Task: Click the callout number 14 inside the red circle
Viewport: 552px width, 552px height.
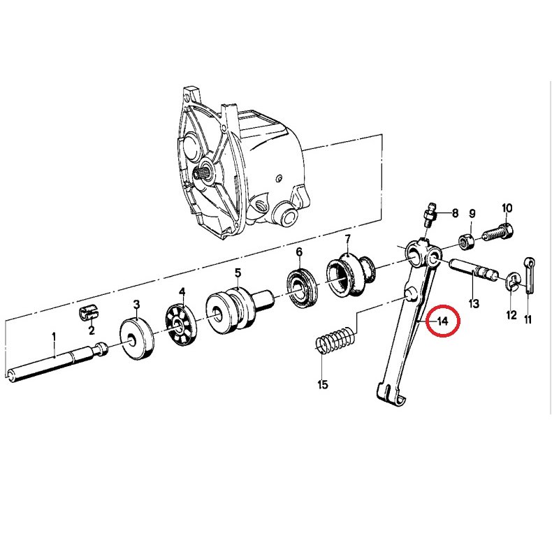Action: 442,321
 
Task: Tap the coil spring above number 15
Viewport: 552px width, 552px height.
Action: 336,340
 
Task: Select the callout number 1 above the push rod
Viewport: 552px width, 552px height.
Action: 54,337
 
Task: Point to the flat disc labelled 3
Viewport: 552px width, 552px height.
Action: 137,338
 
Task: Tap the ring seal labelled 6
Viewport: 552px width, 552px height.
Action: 303,289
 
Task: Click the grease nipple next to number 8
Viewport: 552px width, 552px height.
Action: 430,215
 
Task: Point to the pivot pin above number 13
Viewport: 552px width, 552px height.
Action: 474,270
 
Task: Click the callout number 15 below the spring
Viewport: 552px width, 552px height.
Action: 323,384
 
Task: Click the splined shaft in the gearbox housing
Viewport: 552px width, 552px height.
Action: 202,174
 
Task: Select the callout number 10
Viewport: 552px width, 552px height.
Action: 507,208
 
